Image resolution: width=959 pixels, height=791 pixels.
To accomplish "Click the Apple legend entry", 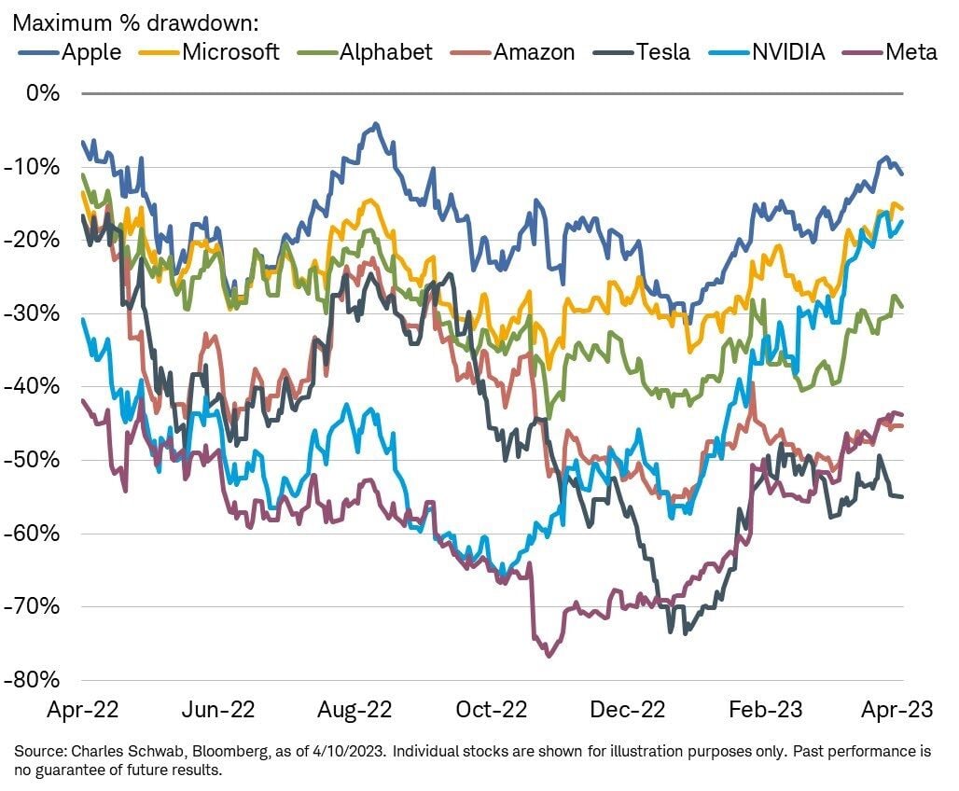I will (x=91, y=51).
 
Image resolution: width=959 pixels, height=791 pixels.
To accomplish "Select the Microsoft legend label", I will (x=230, y=51).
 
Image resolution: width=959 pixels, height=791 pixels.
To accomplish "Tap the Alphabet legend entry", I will (x=385, y=51).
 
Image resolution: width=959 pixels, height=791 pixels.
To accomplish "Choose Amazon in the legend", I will (x=535, y=51).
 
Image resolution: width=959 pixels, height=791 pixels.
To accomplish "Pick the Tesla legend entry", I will (x=662, y=51).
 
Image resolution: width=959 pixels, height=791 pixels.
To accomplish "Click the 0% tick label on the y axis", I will (x=43, y=93).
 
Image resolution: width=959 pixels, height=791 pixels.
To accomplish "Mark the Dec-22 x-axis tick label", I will (x=628, y=710).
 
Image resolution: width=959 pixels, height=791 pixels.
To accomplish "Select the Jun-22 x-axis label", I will (x=218, y=710).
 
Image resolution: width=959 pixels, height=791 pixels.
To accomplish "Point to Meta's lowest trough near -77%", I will (x=549, y=656).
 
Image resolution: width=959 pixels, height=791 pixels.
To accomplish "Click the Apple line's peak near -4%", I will (x=376, y=124).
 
